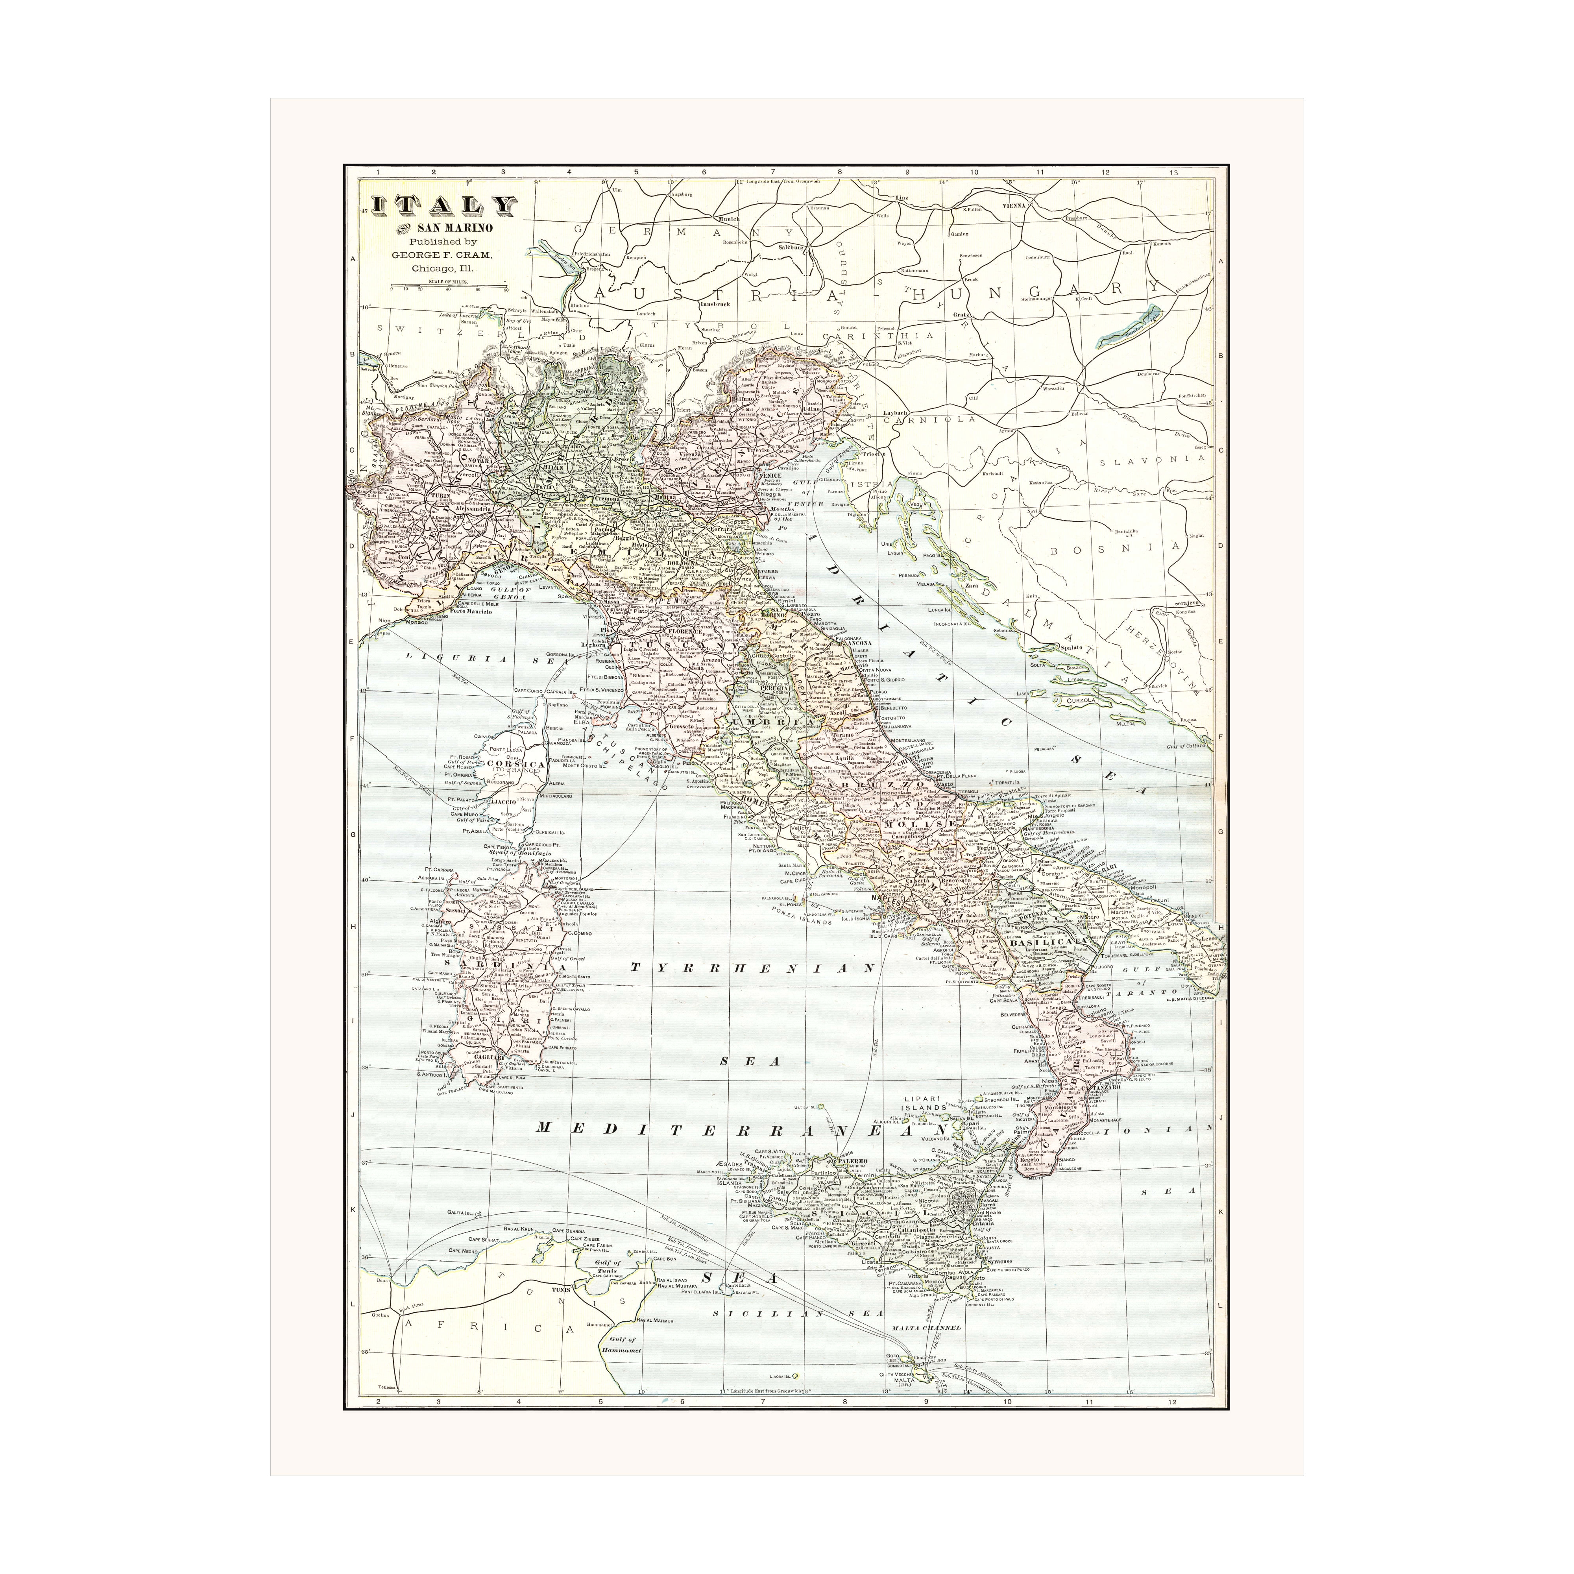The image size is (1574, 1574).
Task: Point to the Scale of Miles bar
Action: click(x=448, y=287)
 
